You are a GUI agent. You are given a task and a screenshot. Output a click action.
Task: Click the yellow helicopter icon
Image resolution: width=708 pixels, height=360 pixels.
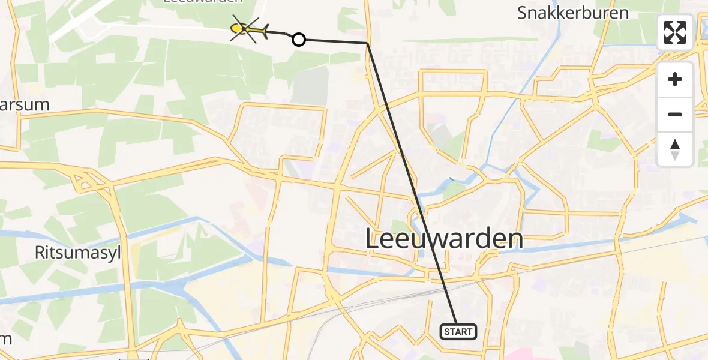click(249, 29)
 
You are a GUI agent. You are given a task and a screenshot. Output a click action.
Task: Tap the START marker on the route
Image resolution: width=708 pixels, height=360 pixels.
click(459, 331)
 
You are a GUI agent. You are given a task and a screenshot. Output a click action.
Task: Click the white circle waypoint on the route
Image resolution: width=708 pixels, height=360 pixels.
click(298, 40)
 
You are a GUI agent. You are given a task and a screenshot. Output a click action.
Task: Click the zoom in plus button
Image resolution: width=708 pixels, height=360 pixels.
click(675, 79)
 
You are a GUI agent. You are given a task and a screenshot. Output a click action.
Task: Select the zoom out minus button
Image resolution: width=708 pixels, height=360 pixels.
click(675, 114)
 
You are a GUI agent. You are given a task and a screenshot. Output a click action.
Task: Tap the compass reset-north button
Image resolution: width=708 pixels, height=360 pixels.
click(675, 149)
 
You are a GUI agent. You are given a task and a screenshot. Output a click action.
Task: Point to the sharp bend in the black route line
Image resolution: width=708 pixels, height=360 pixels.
click(367, 43)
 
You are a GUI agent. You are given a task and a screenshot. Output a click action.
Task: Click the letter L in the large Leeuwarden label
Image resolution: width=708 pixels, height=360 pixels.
click(372, 239)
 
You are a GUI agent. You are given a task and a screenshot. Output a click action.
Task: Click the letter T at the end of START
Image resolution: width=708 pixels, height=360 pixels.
click(471, 331)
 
